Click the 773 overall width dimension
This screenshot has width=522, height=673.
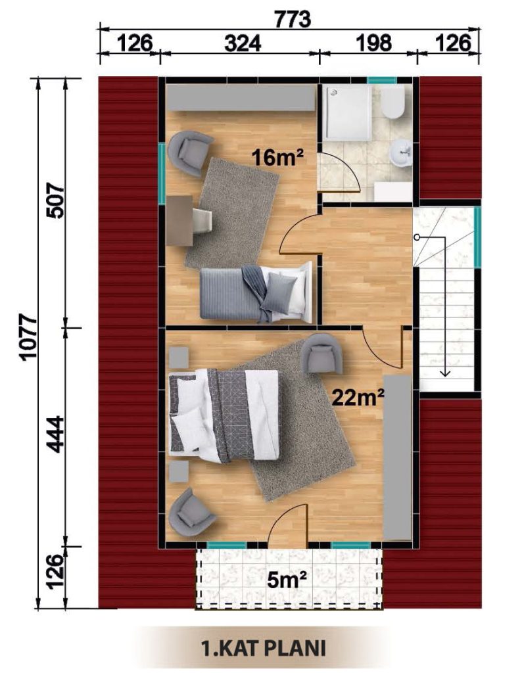(292, 19)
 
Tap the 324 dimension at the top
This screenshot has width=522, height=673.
(243, 43)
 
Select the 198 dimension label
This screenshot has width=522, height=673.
(373, 43)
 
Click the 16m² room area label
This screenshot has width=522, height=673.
(277, 157)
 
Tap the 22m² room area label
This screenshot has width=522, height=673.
(358, 398)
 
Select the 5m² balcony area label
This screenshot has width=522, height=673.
(287, 580)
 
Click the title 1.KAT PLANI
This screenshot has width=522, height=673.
(264, 648)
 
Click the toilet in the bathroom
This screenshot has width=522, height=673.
(392, 101)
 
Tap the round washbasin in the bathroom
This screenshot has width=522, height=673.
(401, 152)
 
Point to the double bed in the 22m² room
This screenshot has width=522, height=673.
(224, 416)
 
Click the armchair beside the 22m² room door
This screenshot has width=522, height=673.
(322, 353)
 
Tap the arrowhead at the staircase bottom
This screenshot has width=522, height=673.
(445, 373)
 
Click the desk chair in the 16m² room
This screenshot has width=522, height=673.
(202, 221)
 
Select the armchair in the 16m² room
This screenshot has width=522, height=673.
(189, 153)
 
